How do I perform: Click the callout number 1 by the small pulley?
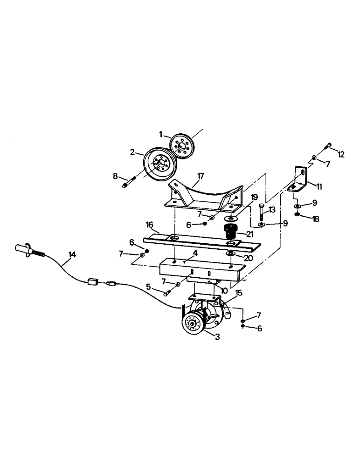[x=160, y=134]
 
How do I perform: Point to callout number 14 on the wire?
[x=72, y=254]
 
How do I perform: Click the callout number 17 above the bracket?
[x=201, y=176]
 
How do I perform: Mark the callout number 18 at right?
[x=316, y=219]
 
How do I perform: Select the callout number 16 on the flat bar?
[x=150, y=225]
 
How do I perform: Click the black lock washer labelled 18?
[x=298, y=215]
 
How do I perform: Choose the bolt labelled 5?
[x=167, y=292]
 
